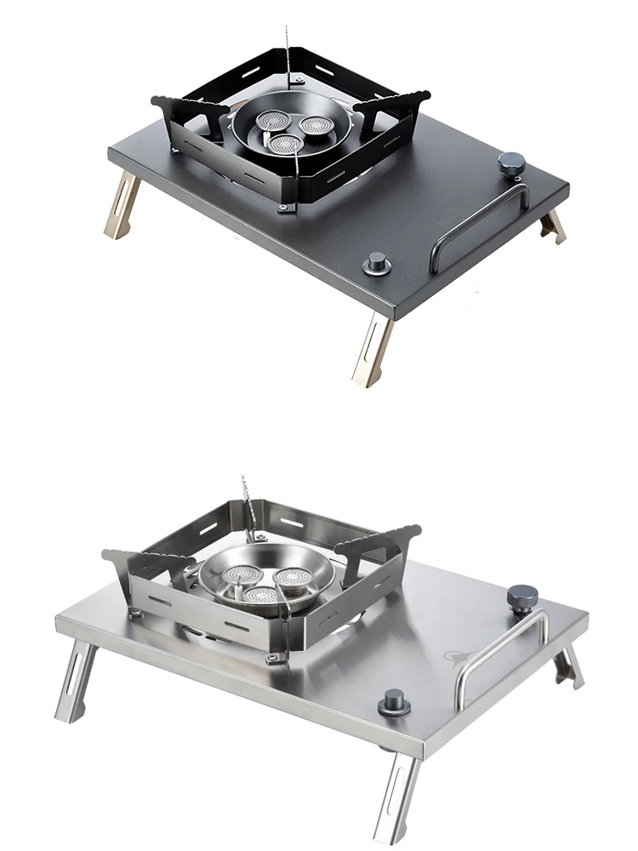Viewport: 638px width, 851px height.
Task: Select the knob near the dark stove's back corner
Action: (512, 163)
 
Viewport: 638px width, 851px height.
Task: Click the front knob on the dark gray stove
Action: (376, 263)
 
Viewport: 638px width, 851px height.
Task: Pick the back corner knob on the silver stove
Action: (521, 597)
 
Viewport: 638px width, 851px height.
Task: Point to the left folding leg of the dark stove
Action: (121, 204)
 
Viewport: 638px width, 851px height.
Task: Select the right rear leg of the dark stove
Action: (553, 226)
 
